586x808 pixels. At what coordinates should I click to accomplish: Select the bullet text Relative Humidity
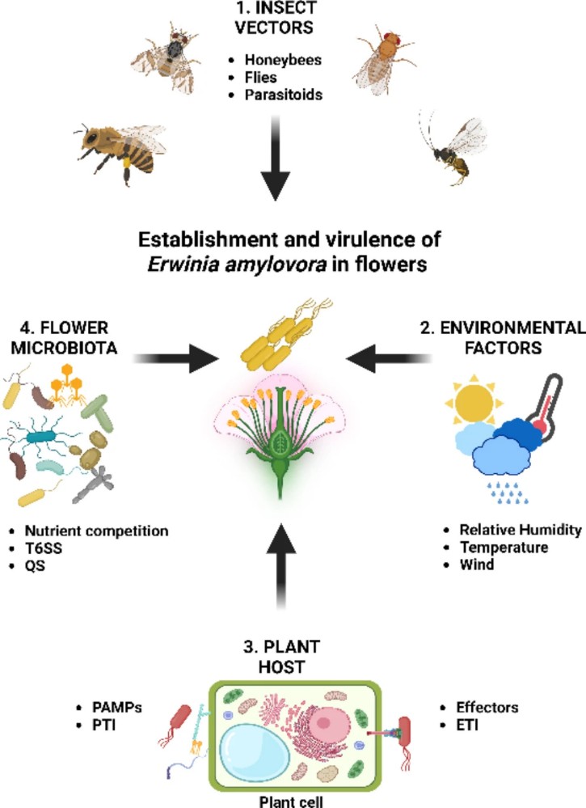(521, 531)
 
